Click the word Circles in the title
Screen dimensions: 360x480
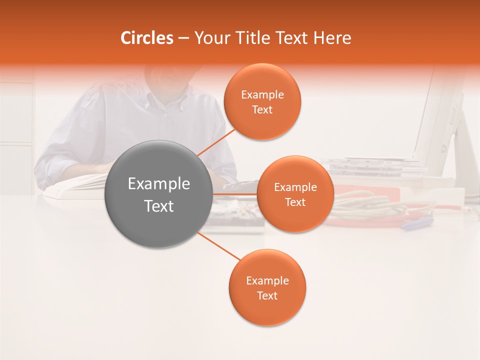click(147, 38)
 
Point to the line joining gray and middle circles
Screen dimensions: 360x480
click(235, 194)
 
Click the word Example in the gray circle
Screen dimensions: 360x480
click(159, 184)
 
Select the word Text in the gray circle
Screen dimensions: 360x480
click(159, 206)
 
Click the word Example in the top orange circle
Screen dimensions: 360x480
click(262, 95)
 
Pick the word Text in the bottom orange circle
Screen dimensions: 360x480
click(267, 296)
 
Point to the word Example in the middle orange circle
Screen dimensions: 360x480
click(295, 187)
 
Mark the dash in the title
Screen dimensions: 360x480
click(183, 38)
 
